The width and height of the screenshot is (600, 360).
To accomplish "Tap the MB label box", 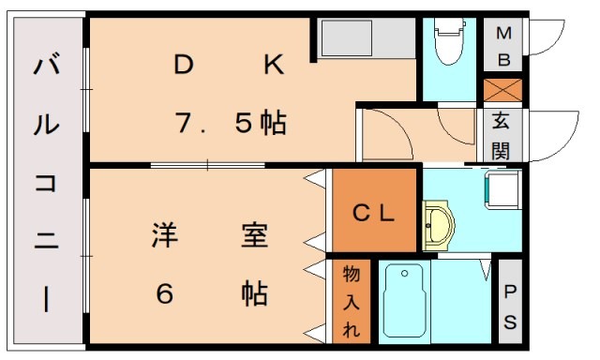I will (503, 47).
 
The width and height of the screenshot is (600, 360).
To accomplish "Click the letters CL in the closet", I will (374, 212).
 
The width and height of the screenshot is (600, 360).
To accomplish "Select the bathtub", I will (405, 301).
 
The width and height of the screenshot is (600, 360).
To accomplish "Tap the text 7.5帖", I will (231, 123).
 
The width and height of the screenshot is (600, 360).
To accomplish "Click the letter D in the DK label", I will (183, 66).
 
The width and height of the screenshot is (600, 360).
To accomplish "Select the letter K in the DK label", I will (272, 66).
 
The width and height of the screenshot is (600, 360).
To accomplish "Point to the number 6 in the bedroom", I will (165, 293).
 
